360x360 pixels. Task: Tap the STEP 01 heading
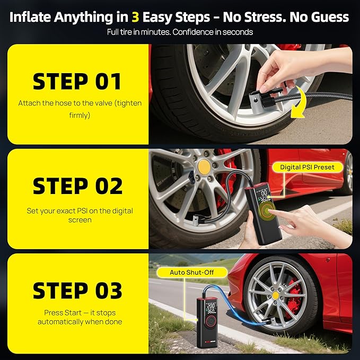pyautogui.click(x=77, y=82)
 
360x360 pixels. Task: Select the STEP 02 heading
pyautogui.click(x=77, y=186)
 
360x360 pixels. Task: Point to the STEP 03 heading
pyautogui.click(x=77, y=291)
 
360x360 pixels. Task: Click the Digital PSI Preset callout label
pyautogui.click(x=308, y=167)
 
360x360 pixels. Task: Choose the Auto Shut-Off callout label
pyautogui.click(x=191, y=273)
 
